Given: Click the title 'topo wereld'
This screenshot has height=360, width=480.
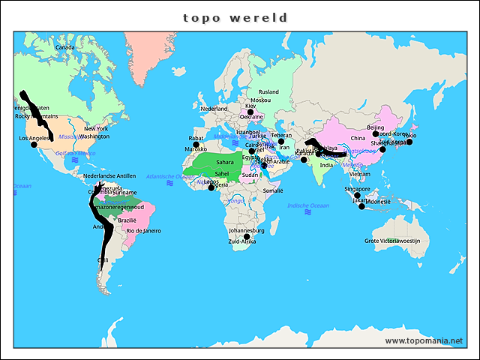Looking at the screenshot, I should [235, 17].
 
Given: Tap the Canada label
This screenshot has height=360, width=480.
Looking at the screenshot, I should [65, 47].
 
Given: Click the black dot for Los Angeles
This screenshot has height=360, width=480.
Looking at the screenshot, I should [34, 145].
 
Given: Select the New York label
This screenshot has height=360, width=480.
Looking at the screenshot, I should [96, 128].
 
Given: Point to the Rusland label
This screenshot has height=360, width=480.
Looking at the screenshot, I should [268, 92].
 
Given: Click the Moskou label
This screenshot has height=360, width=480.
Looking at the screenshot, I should [261, 100].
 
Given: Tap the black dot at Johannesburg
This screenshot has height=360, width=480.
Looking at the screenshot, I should [247, 237].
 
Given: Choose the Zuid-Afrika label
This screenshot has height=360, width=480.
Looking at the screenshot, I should [242, 241].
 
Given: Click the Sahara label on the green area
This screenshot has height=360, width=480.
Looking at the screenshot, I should [225, 162].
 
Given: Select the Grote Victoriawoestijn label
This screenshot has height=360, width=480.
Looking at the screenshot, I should [397, 241].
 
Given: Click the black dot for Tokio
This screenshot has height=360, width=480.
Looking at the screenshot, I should [409, 142].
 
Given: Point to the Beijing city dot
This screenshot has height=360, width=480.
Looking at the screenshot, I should [376, 133].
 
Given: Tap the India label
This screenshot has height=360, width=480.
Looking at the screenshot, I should [326, 165].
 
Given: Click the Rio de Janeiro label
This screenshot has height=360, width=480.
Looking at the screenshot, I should [144, 230].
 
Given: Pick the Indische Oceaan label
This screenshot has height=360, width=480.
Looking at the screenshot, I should [308, 205].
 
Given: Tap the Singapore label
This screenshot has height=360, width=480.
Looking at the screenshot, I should [357, 190].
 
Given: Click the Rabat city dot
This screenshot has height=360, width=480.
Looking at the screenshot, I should [196, 145].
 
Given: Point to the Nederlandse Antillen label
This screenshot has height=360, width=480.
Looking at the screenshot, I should [109, 175].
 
